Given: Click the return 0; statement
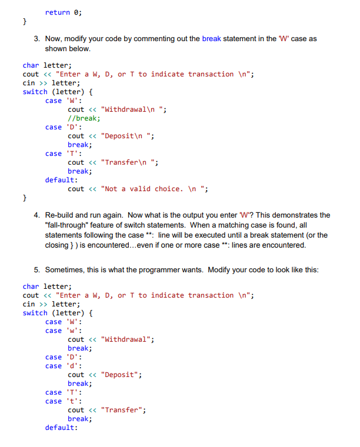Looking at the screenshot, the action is point(64,12).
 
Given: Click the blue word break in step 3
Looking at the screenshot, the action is point(212,39).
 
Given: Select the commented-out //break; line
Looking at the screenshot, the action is point(84,118).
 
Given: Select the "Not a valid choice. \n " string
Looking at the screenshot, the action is point(155,189).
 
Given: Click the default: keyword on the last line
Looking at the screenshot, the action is point(61,428).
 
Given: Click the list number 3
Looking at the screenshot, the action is point(36,39).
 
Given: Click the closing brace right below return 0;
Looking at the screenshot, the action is point(25,21).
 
